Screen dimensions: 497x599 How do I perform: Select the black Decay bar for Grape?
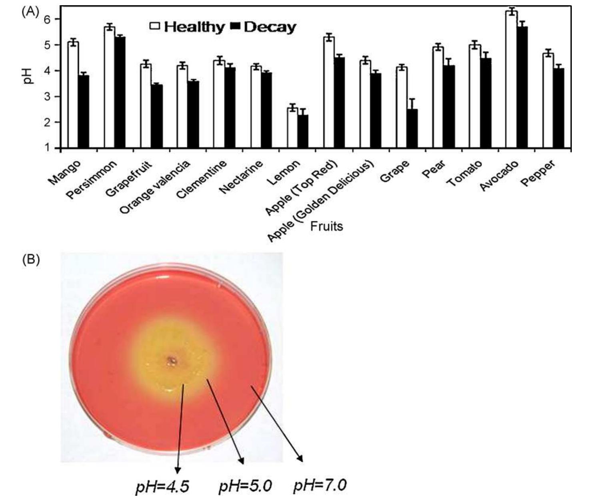412,128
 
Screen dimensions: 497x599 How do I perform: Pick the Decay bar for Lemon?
303,131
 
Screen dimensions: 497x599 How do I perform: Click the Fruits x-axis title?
326,226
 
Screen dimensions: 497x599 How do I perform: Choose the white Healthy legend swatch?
155,27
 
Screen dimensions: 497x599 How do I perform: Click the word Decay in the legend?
270,27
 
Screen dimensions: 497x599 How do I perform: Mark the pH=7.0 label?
319,486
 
